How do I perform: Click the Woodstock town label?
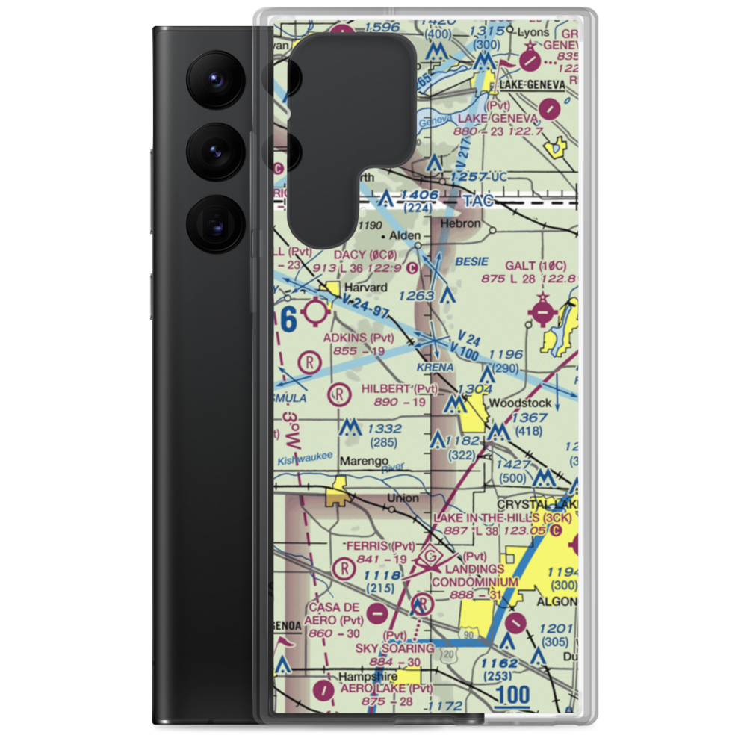pos(520,403)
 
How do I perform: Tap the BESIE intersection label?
pos(471,261)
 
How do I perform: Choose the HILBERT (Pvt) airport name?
pos(400,388)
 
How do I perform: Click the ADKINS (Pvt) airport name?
pos(358,338)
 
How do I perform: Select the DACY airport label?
pos(365,254)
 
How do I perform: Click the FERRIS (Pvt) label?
pos(379,546)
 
